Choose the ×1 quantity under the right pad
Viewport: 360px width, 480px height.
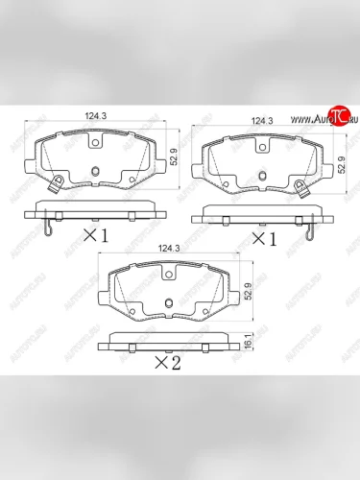263,238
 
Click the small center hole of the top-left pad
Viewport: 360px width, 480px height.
95,172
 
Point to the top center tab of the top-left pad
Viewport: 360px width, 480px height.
95,140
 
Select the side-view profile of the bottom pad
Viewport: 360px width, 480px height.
168,340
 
